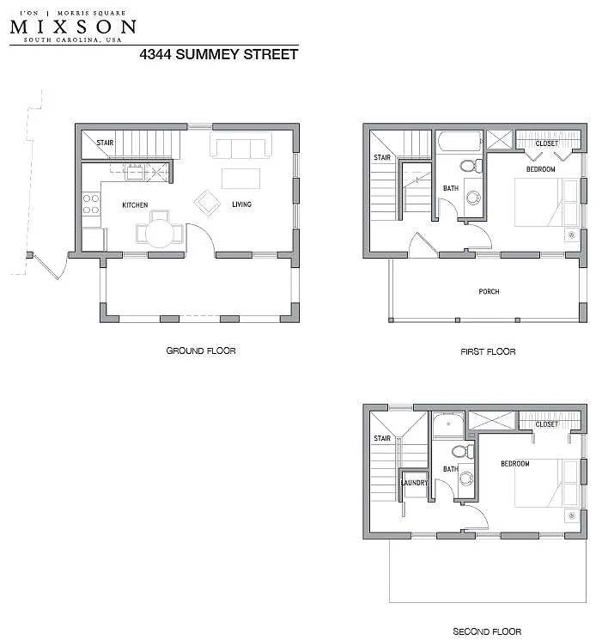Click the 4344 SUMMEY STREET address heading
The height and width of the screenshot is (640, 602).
coord(219,54)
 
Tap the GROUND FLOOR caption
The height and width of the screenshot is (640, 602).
coord(200,350)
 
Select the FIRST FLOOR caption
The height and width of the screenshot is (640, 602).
coord(488,351)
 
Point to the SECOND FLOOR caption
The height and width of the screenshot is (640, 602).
coord(487,632)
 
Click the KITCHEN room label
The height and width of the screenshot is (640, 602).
coord(135,204)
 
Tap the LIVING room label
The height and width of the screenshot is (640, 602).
coord(241,204)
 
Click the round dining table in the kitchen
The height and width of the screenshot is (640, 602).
coord(157,232)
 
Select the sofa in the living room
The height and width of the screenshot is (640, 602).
coord(237,148)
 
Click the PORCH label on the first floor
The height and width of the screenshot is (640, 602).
coord(489,292)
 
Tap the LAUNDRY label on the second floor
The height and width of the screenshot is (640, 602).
coord(414,483)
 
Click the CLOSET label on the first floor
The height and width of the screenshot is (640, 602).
coord(546,143)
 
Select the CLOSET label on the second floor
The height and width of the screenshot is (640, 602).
coord(546,424)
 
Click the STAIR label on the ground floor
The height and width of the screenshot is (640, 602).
coord(105,143)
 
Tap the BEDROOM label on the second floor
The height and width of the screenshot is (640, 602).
coord(515,464)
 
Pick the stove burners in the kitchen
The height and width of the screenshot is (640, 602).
coord(89,204)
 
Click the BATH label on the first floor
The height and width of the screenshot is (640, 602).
coord(451,188)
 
